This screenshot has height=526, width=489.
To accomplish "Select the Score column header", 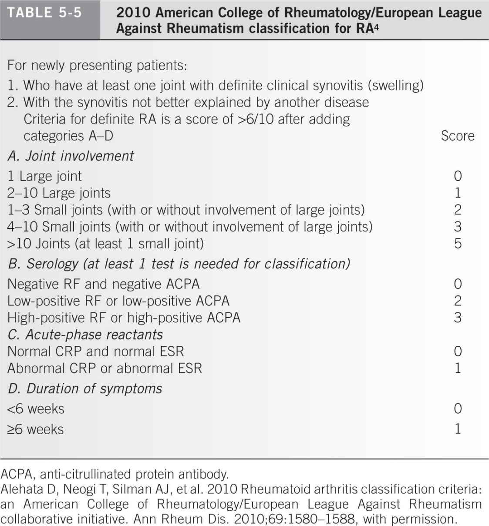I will coord(457,136).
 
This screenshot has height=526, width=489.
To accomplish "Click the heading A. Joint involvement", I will coord(71,156).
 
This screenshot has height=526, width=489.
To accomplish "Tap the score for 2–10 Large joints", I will coord(458,193).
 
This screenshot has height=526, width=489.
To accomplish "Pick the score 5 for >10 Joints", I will coord(458,243).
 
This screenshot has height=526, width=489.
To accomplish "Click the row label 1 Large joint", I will coord(44,176).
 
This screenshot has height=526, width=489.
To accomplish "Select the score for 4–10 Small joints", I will coord(458,226).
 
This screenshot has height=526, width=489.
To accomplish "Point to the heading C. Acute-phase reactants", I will coord(85,334).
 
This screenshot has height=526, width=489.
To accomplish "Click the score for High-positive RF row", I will coord(458,318).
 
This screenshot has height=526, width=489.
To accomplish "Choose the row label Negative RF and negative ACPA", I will coord(104,284).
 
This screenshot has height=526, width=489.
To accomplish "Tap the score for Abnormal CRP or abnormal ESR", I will coord(458,369).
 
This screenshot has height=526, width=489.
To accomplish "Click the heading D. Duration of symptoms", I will coord(85,389).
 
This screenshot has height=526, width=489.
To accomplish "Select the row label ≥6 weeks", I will coord(36,429).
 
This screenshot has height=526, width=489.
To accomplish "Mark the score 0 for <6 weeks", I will coord(458,409).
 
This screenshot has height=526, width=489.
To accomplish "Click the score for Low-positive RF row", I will coord(458,301).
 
